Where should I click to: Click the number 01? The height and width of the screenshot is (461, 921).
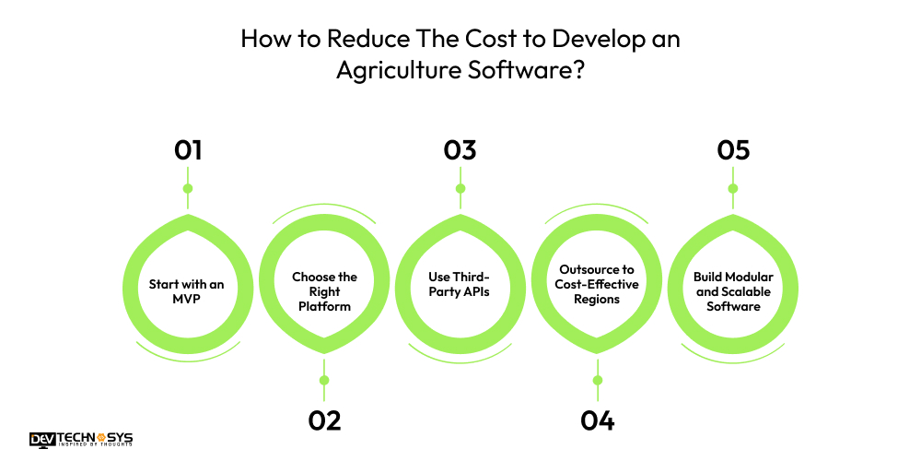click(188, 150)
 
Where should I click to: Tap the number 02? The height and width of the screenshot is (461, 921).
click(324, 420)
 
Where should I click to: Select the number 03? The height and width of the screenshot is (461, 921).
click(460, 150)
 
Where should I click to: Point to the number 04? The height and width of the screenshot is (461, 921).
click(597, 420)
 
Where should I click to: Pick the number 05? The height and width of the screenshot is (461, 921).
click(733, 150)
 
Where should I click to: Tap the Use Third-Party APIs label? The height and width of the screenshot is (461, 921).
click(460, 284)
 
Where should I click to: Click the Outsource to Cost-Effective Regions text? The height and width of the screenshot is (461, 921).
click(597, 284)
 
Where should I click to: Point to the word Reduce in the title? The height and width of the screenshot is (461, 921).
click(332, 41)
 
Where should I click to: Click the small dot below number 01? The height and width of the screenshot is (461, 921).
click(188, 189)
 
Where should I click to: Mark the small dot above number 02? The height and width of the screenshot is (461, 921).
click(324, 380)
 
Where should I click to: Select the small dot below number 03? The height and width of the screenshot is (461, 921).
click(460, 189)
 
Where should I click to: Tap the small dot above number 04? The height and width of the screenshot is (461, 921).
click(597, 380)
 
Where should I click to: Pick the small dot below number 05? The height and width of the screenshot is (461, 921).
click(733, 189)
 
